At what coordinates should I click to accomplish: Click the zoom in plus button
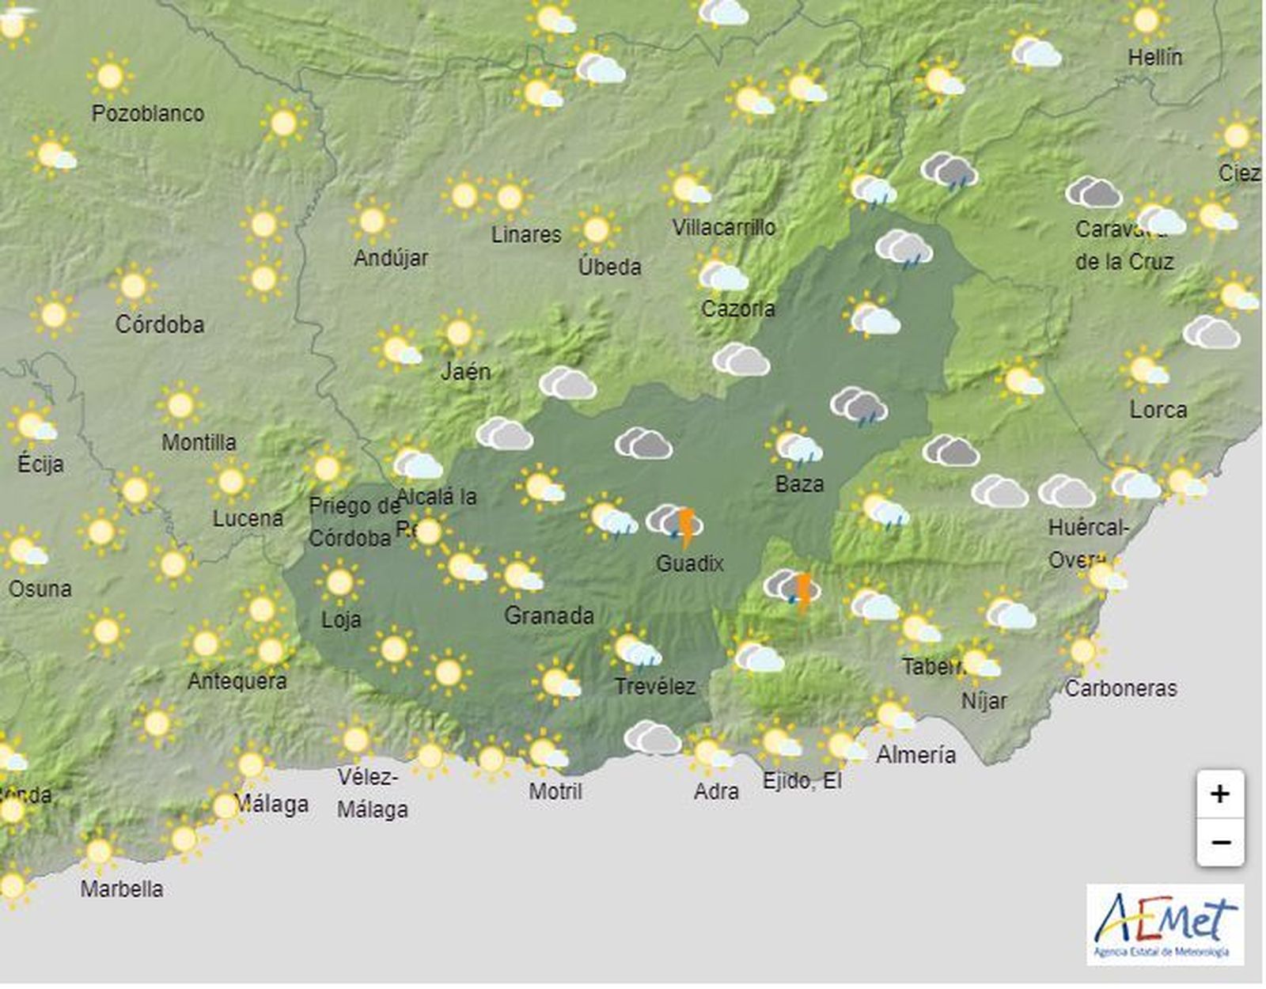[x=1220, y=794]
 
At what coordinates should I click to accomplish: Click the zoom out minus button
[x=1220, y=842]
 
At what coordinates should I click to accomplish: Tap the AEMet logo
[x=1165, y=924]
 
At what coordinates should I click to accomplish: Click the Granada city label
[x=548, y=615]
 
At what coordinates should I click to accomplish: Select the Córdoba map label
[x=160, y=324]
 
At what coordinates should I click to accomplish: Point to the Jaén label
[x=465, y=371]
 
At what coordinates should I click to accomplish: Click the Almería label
[x=915, y=755]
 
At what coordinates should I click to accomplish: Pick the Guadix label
[x=690, y=563]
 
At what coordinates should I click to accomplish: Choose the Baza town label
[x=799, y=483]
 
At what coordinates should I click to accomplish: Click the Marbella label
[x=122, y=889]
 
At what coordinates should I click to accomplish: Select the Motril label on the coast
[x=555, y=790]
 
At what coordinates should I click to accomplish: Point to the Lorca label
[x=1158, y=410]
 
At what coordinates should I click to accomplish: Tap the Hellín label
[x=1155, y=58]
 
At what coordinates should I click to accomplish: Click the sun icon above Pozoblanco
[x=110, y=77]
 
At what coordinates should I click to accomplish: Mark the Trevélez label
[x=655, y=686]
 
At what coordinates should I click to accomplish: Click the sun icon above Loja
[x=339, y=582]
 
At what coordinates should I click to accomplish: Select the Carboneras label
[x=1120, y=688]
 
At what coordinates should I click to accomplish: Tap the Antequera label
[x=237, y=680]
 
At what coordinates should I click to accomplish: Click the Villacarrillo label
[x=724, y=228]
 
